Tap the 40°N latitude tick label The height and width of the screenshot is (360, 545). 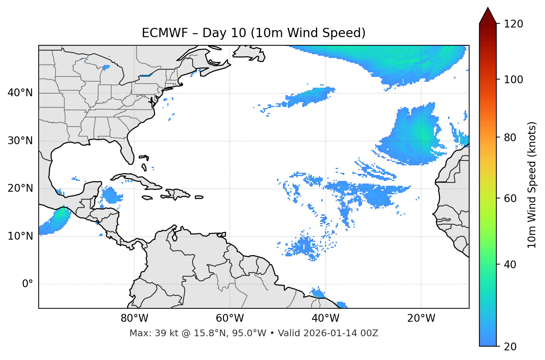[20, 93]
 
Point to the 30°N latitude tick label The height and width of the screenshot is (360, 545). [20, 141]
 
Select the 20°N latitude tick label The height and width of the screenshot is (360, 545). [20, 188]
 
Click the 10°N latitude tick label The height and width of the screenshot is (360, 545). [20, 236]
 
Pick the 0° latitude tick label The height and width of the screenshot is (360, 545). [28, 284]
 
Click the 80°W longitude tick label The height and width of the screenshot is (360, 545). [134, 318]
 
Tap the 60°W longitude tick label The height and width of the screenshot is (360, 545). [230, 318]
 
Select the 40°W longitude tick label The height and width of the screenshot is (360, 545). [326, 318]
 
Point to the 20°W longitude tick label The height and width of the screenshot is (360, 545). [421, 318]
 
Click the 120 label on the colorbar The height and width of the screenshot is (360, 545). [513, 24]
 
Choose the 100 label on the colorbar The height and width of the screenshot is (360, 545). [513, 80]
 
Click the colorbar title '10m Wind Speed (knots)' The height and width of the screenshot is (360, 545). [532, 185]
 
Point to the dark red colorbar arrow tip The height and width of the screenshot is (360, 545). [488, 9]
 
